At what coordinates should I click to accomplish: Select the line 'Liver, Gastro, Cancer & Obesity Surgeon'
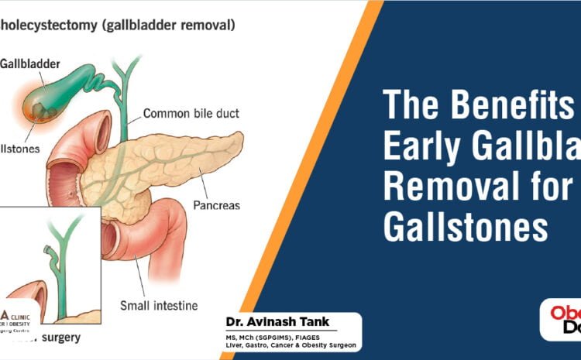point(279,348)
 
